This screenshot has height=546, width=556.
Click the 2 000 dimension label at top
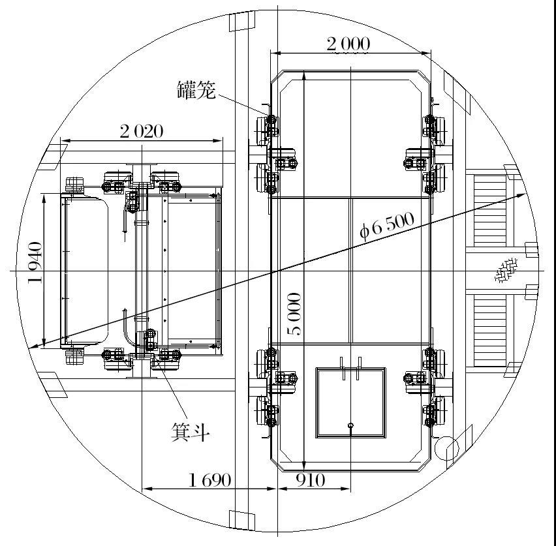point(348,44)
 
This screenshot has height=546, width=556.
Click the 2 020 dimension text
point(141,131)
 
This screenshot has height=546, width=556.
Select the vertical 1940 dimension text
point(35,263)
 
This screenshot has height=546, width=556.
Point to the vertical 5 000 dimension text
point(294,314)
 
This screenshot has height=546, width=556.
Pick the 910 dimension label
point(310,481)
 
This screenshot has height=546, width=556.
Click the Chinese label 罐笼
point(196,90)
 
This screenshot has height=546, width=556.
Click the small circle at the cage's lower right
point(448,447)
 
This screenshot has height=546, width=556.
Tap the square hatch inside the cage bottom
point(350,402)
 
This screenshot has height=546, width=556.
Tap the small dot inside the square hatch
point(350,427)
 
